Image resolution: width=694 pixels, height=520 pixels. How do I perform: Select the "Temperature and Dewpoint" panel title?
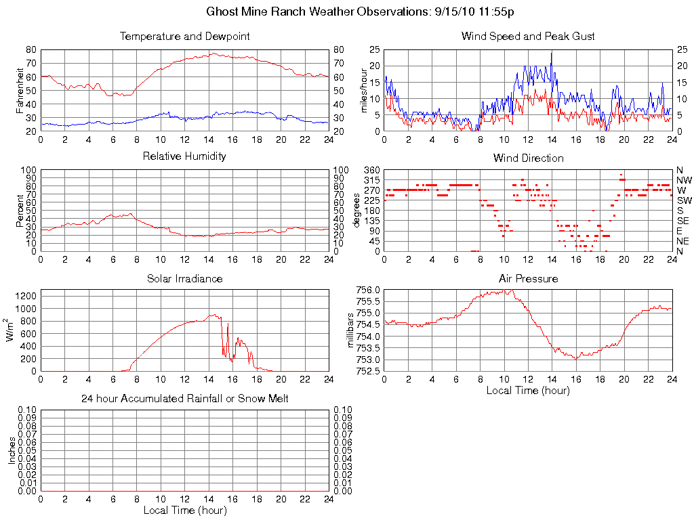click(184, 36)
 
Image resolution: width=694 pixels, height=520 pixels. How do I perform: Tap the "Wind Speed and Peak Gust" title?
click(528, 36)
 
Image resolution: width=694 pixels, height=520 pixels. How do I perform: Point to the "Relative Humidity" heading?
click(184, 156)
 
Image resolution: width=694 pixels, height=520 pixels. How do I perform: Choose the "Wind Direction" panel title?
click(528, 158)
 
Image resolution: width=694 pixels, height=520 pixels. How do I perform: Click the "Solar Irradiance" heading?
click(184, 278)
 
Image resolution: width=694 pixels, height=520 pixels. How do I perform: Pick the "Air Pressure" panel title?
click(528, 278)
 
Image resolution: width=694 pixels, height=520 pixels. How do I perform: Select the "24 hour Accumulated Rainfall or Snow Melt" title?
click(184, 399)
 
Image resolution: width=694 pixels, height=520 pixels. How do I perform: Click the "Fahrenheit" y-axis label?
click(20, 90)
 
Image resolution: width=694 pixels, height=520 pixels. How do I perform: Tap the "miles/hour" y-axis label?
click(363, 90)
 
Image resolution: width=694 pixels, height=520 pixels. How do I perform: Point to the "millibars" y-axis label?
click(350, 330)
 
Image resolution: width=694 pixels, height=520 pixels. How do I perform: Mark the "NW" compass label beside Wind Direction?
click(683, 180)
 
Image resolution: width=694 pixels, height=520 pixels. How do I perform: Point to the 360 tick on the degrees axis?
click(372, 170)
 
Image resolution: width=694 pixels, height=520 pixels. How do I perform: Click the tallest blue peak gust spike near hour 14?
click(552, 53)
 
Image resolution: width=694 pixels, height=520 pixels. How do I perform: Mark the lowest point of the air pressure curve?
click(576, 359)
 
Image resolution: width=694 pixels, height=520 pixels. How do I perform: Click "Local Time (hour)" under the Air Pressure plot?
click(528, 390)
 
